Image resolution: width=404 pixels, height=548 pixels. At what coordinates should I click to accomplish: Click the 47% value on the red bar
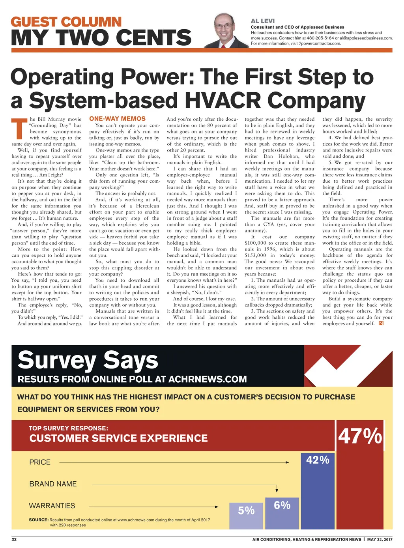pos(360,436)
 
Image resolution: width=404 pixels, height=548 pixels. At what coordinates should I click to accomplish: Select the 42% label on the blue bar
pos(318,460)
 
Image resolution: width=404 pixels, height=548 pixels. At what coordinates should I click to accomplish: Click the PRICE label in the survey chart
pos(40,462)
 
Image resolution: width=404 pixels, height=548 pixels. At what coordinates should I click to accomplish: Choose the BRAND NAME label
pos(53,484)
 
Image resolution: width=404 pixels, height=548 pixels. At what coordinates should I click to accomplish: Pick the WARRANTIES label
pos(52,506)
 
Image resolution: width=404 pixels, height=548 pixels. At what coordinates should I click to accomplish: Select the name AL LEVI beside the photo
pos(263,21)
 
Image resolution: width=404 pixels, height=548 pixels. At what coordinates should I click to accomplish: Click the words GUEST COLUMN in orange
pos(66,22)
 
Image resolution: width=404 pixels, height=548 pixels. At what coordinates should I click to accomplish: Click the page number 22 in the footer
pos(14,539)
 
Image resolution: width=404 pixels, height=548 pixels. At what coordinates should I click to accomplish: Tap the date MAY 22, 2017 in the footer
pos(380,539)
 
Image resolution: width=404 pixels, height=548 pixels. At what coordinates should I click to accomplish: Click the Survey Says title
pos(88,360)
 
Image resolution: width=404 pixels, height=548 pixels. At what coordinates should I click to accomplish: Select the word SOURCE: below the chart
pos(39,520)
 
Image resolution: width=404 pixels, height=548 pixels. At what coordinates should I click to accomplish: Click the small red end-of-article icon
pos(381,324)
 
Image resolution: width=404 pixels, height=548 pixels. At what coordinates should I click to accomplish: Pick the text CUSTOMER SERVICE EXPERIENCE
pos(118,438)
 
